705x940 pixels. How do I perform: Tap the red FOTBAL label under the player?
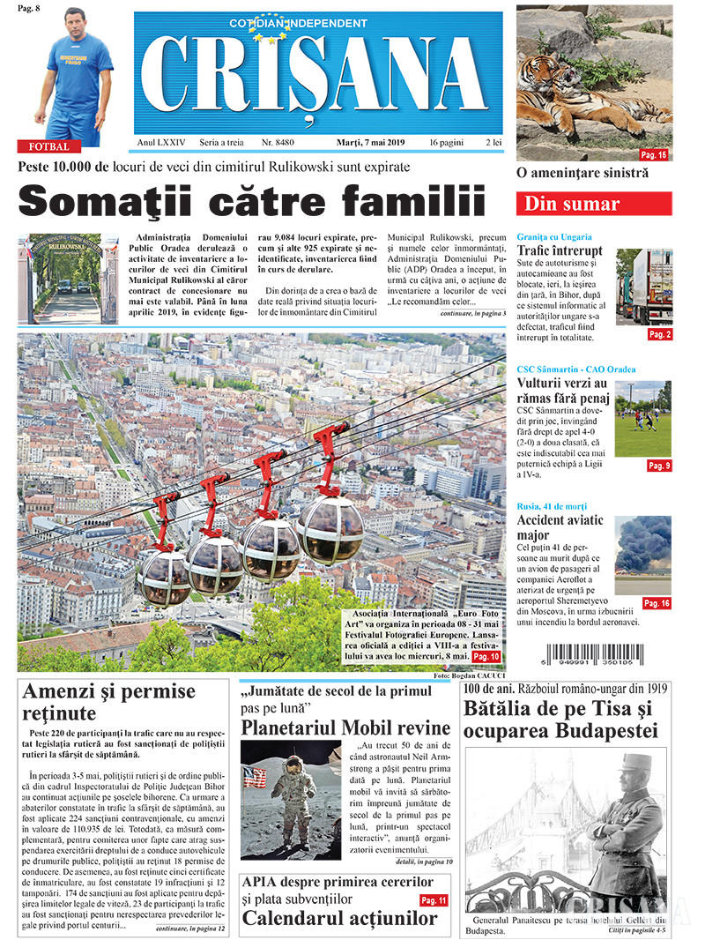point(48,146)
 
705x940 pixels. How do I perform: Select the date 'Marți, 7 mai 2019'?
point(374,142)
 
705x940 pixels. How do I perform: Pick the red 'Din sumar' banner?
point(594,204)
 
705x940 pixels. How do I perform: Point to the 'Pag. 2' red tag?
point(660,334)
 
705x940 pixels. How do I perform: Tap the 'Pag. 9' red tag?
point(659,466)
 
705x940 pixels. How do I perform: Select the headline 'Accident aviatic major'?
point(560,527)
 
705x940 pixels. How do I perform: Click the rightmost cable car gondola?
point(330,532)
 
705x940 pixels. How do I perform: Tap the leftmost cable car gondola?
point(163,578)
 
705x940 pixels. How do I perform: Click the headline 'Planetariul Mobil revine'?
point(345,728)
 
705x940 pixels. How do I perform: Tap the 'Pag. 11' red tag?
point(434,900)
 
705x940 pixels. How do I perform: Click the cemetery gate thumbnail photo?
point(60,278)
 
